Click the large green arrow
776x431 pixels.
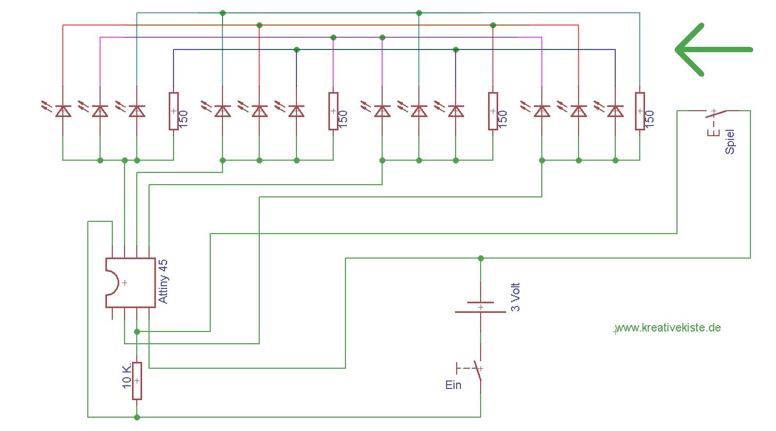[x=714, y=49]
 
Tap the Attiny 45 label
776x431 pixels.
[x=163, y=281]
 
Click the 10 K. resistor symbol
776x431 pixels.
[x=137, y=381]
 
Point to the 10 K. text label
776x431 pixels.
[x=127, y=376]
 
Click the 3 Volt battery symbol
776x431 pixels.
[x=481, y=308]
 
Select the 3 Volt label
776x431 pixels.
[x=516, y=297]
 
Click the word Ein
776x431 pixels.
[x=453, y=385]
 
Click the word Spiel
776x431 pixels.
[x=730, y=142]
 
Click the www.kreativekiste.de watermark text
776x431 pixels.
[x=668, y=328]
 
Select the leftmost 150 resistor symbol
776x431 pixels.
[x=174, y=111]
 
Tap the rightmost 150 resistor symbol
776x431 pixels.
[x=640, y=111]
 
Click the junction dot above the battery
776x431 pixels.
[x=481, y=258]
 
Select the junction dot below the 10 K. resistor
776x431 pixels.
[x=137, y=417]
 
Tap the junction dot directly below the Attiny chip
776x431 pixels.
[x=137, y=331]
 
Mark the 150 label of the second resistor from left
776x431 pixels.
[x=343, y=119]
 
